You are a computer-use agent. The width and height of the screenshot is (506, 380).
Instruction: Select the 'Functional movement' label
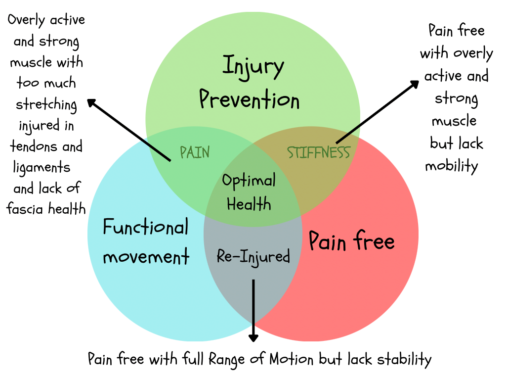146,242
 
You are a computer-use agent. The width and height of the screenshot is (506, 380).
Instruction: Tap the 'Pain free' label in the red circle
351,241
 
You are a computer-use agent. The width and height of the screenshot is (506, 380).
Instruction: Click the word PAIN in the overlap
195,152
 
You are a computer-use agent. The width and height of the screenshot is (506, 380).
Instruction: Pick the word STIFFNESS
318,152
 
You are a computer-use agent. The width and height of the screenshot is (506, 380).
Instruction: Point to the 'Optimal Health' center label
249,192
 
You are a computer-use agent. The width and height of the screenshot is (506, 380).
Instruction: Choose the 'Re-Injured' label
253,256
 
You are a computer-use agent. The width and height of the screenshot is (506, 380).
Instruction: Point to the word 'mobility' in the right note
452,166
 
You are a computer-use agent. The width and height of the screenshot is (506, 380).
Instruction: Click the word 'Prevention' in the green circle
250,99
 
